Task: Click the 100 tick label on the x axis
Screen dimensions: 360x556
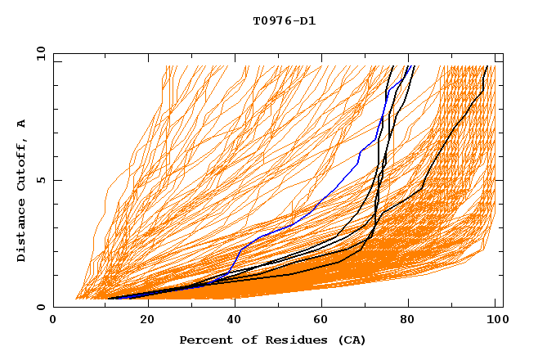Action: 495,319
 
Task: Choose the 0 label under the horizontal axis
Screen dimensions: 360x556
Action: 53,319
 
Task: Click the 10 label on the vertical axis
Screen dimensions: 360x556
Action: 39,52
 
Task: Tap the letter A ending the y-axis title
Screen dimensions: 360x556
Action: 21,124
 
